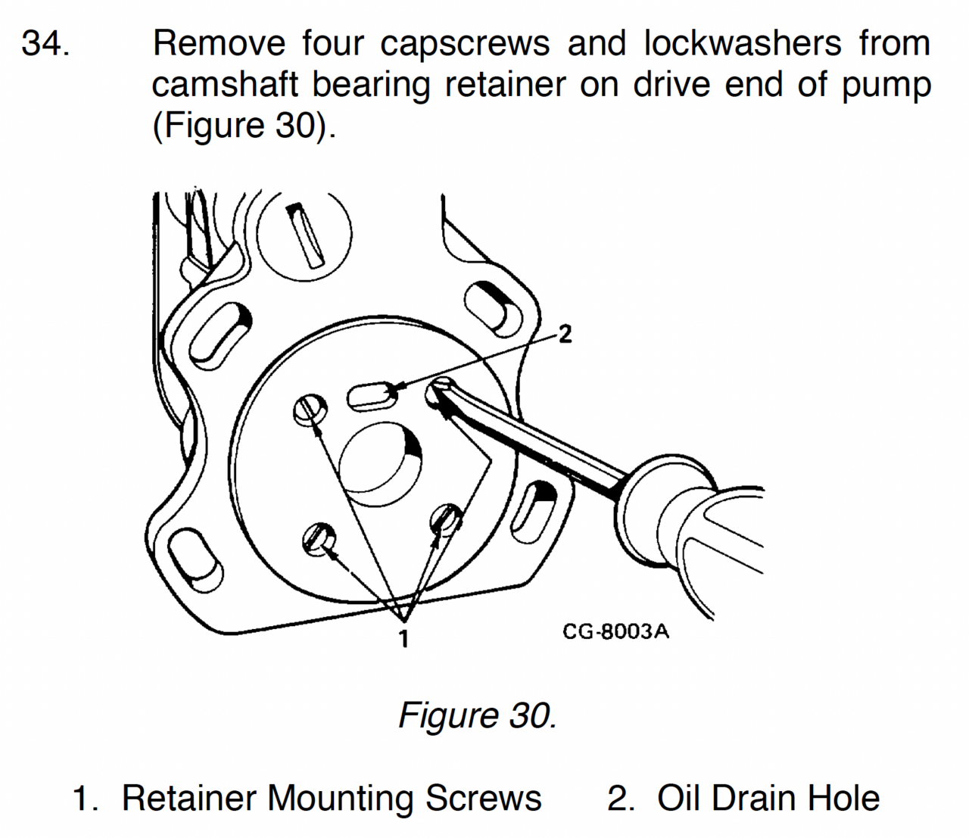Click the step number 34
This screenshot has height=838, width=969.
click(x=46, y=43)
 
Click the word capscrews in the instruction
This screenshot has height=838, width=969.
click(x=465, y=43)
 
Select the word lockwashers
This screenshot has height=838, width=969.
click(x=742, y=43)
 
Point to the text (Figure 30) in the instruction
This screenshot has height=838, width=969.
click(x=243, y=125)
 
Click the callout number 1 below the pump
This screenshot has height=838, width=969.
click(x=403, y=638)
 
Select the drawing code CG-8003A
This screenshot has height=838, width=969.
click(x=615, y=631)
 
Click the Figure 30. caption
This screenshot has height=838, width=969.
click(x=477, y=715)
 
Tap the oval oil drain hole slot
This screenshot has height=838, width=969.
click(x=372, y=396)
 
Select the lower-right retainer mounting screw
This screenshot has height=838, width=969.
click(x=446, y=520)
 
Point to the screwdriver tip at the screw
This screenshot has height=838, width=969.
click(x=443, y=394)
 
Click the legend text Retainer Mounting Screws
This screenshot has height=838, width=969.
click(x=331, y=799)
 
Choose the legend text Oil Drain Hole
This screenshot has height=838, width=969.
click(x=768, y=799)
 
